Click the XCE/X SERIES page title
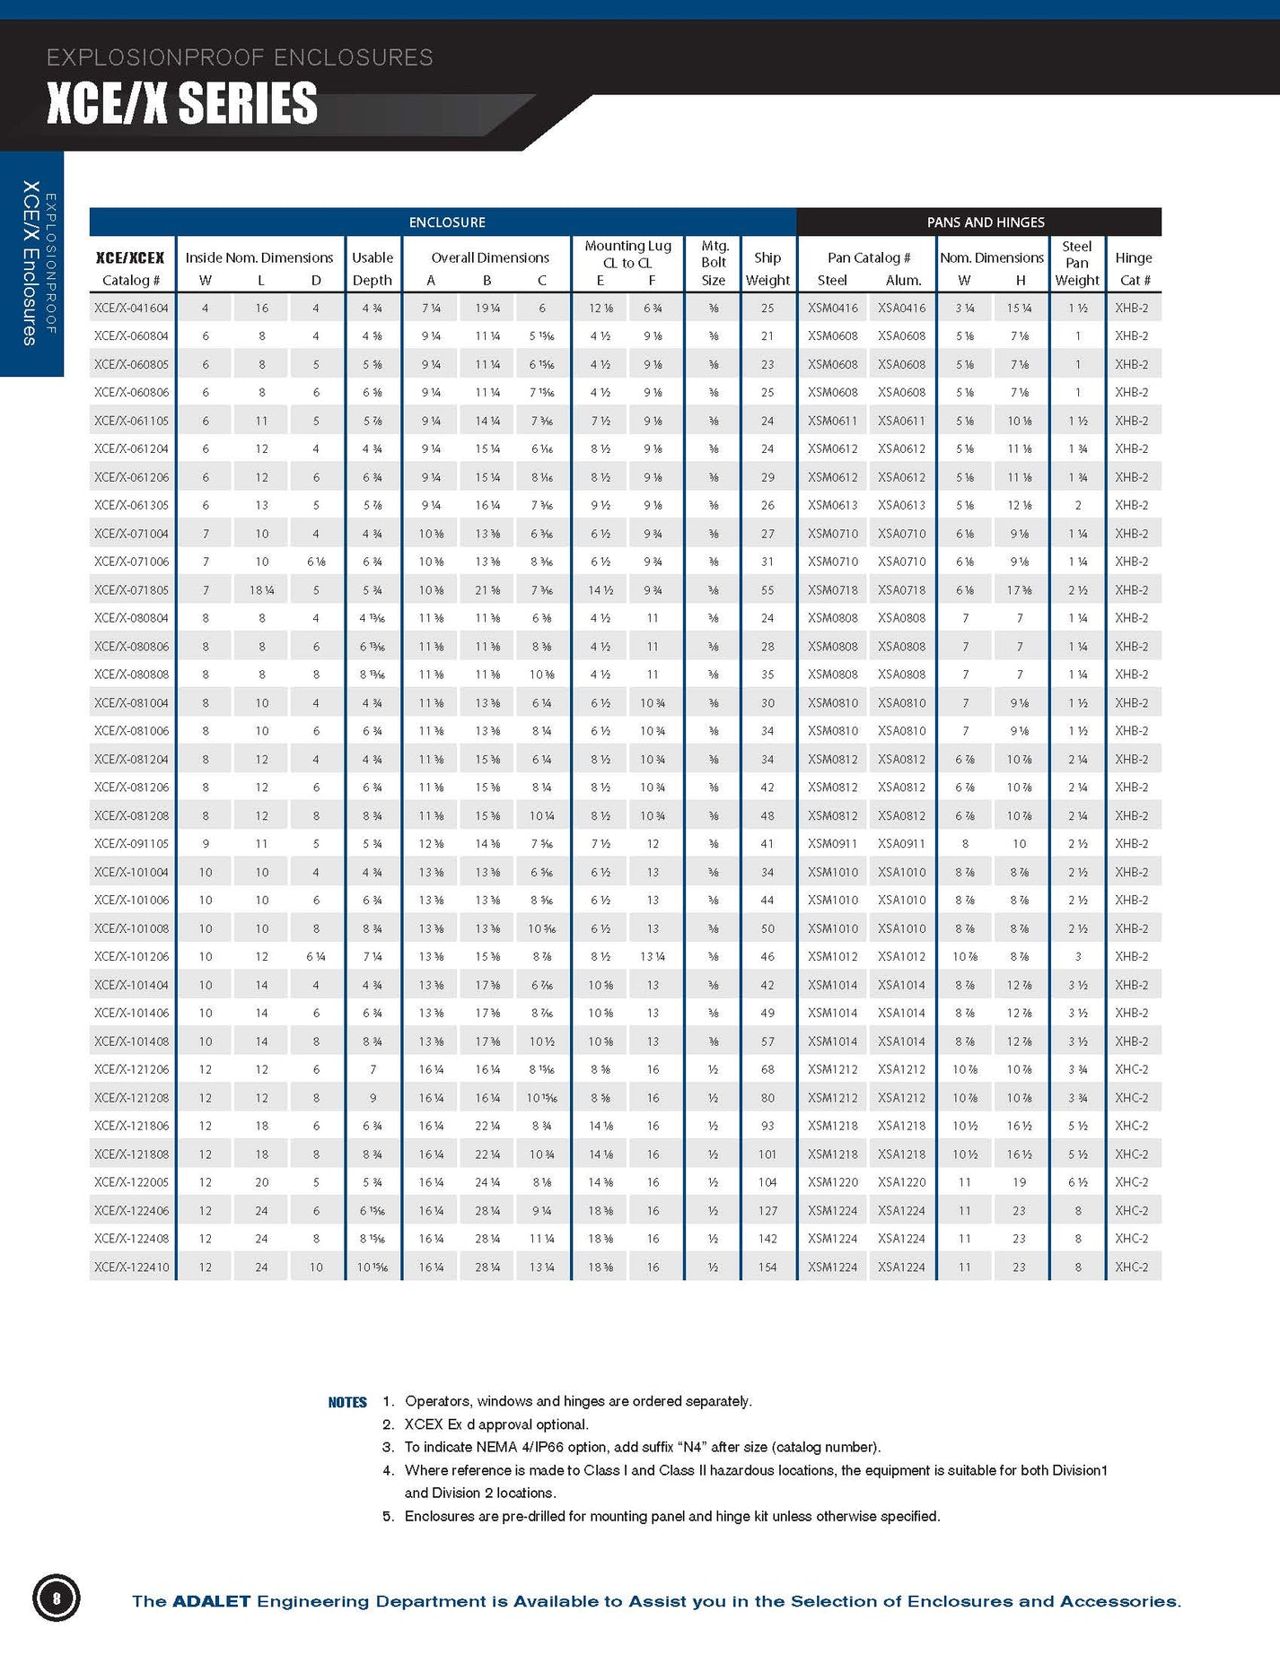tap(182, 103)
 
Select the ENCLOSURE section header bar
tap(446, 222)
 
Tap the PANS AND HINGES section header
tap(985, 222)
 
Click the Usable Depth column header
tap(373, 268)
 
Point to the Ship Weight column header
tap(767, 268)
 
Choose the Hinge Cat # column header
tap(1133, 268)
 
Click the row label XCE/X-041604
tap(131, 308)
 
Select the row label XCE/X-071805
tap(131, 590)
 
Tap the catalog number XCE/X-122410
tap(131, 1267)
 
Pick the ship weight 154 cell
tap(767, 1267)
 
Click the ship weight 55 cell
tap(767, 590)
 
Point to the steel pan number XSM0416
tap(832, 308)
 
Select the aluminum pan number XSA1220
tap(901, 1182)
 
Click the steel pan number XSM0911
tap(832, 844)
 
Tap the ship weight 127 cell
tap(767, 1211)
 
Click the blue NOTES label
tap(347, 1402)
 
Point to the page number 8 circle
tap(57, 1598)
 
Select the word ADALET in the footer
tap(211, 1601)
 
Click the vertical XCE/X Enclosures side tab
tap(31, 263)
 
